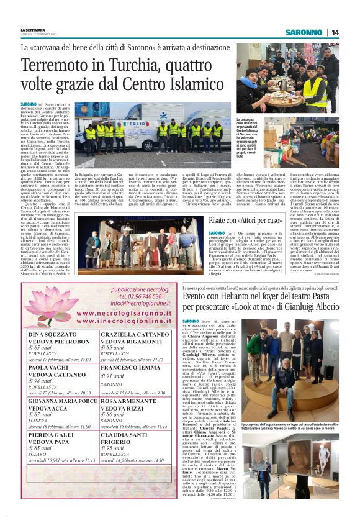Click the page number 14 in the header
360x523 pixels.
click(335, 33)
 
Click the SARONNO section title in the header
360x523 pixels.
click(304, 33)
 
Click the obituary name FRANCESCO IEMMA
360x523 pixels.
click(133, 367)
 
